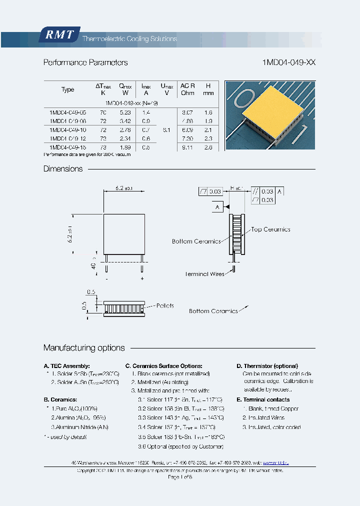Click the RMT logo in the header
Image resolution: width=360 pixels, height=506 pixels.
pos(59,35)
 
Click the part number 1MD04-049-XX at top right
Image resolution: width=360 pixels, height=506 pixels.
pos(288,62)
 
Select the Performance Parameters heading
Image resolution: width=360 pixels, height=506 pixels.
pos(85,62)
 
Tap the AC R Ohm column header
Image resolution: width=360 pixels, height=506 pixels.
pos(187,89)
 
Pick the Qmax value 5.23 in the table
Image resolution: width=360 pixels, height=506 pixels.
pos(125,113)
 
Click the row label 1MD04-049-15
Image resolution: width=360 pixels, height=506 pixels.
pos(68,147)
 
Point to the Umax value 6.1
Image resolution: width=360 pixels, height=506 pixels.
pos(166,130)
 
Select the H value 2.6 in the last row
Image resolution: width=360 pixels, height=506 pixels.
pos(208,147)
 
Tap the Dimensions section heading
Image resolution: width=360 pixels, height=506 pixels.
pos(63,169)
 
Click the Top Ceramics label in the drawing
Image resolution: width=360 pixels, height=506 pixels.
pos(270,229)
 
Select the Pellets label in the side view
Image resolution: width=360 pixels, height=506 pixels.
pos(165,305)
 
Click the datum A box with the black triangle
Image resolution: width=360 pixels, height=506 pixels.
pos(218,206)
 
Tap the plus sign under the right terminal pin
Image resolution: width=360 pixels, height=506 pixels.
pos(142,278)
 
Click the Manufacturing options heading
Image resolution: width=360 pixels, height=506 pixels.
pos(84,348)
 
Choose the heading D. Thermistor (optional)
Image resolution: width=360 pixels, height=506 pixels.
pos(267,366)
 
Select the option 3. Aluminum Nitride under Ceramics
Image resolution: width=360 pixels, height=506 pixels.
pos(79,427)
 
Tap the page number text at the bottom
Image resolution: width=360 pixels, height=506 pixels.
pos(180,477)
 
